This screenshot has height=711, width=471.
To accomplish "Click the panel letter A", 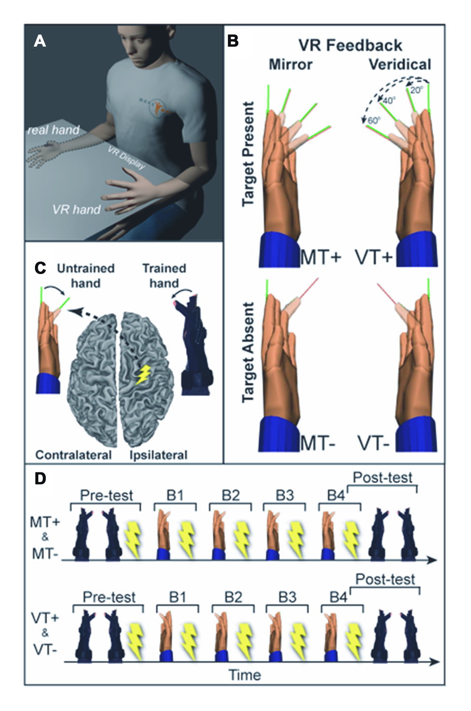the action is [x=40, y=41].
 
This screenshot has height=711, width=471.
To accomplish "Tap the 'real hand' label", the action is [x=53, y=130].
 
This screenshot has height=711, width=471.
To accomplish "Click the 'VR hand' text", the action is [x=76, y=210].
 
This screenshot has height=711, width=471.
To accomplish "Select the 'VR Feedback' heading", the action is [x=350, y=46].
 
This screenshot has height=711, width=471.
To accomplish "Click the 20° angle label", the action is [x=416, y=91].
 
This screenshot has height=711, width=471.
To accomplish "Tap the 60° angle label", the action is [x=375, y=121].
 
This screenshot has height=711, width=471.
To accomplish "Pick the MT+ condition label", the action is [x=320, y=257].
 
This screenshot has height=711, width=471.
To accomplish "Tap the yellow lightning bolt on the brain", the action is [x=144, y=374].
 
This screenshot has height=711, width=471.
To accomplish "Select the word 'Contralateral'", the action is [x=73, y=455].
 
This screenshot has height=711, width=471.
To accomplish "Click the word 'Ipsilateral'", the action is [x=158, y=455].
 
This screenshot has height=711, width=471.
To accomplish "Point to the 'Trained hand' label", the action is [x=164, y=276].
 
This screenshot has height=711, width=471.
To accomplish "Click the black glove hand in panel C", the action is [x=195, y=349].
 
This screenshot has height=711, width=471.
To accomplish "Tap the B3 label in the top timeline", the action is [x=284, y=495].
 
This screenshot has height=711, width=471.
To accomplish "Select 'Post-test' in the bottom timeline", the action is [x=385, y=580].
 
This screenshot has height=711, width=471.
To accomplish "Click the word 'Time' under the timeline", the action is [x=245, y=675].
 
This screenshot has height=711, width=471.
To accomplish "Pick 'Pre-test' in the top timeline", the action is [x=106, y=495].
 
